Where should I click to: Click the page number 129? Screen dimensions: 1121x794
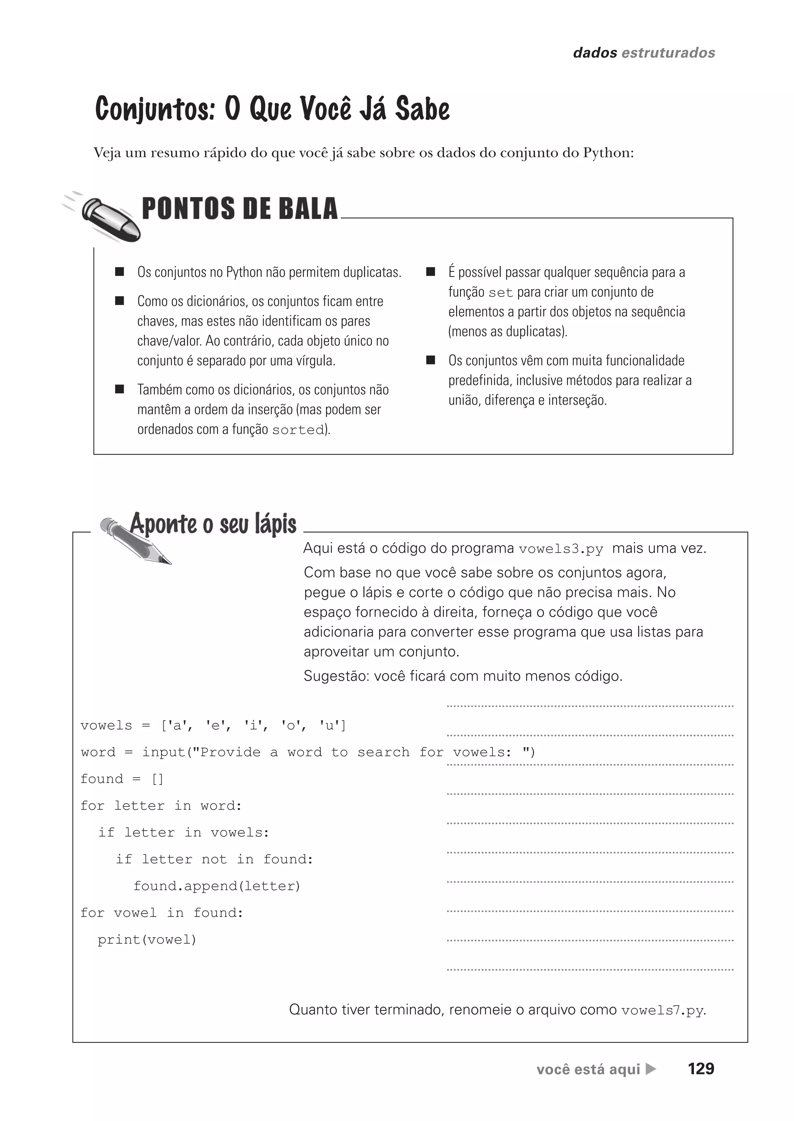(x=701, y=1069)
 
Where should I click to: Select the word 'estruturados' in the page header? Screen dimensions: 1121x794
(x=668, y=53)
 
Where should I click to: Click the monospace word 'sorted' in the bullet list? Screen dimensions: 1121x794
(x=298, y=430)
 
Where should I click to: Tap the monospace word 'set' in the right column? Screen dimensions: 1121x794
(x=501, y=293)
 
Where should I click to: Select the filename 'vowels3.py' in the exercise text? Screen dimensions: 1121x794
(x=561, y=549)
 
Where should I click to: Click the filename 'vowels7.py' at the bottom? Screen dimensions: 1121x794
(x=663, y=1010)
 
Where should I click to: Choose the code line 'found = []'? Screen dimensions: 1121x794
(x=122, y=779)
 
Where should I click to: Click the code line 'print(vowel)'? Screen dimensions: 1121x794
(x=147, y=940)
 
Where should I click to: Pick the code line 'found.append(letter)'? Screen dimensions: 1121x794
(x=217, y=886)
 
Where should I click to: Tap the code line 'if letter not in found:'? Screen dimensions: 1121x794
(x=214, y=859)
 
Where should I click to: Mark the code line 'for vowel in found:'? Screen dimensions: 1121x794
(x=162, y=913)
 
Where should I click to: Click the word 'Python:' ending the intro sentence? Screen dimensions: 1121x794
(x=608, y=153)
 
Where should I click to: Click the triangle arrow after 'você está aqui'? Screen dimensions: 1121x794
(x=651, y=1069)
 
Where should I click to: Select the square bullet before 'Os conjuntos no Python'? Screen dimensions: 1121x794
(x=119, y=272)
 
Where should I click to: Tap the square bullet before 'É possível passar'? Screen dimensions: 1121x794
(x=431, y=272)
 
